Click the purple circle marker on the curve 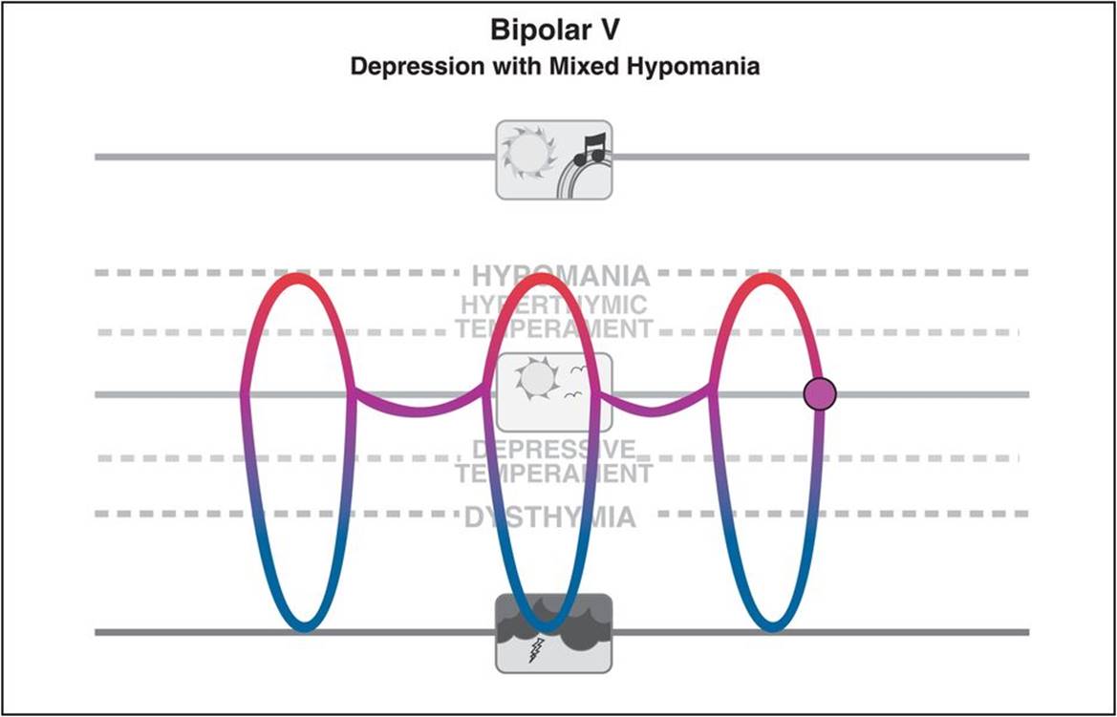tap(820, 393)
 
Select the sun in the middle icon tap(534, 379)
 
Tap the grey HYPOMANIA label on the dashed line tap(561, 276)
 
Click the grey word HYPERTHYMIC tap(553, 306)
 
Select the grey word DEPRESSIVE tap(554, 449)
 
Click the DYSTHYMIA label tap(550, 518)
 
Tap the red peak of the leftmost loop tap(299, 278)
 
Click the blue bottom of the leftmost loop tap(304, 627)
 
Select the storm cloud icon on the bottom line tap(554, 632)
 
